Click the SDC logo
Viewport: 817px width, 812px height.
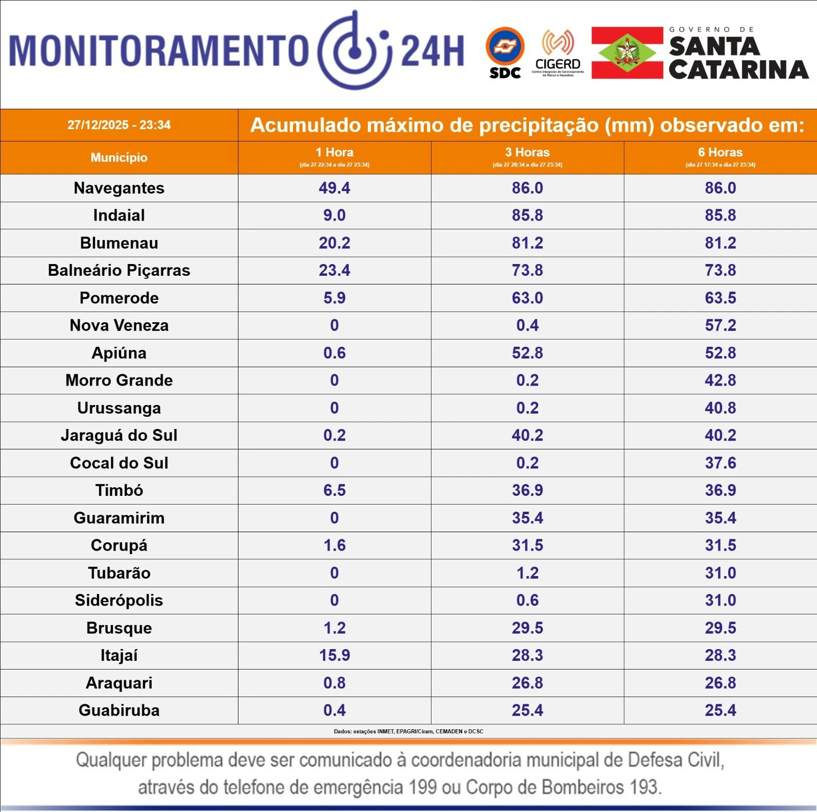[x=505, y=53]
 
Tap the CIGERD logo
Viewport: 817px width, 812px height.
[x=558, y=53]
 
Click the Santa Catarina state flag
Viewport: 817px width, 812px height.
[x=627, y=53]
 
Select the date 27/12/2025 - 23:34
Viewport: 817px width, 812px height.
[x=119, y=125]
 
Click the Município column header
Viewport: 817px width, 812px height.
[x=119, y=157]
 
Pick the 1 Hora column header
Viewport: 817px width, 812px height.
[x=334, y=153]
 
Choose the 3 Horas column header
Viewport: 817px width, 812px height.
[x=527, y=153]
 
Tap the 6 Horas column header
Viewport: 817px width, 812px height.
[x=720, y=153]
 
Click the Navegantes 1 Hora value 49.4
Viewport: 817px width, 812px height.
[x=334, y=188]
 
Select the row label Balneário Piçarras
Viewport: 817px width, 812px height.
[x=119, y=270]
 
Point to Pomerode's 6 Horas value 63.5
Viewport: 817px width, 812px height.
[x=720, y=298]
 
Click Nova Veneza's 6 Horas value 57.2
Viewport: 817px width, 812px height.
[x=720, y=325]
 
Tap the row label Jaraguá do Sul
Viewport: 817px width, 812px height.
[x=119, y=435]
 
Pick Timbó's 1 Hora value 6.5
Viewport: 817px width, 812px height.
[x=334, y=490]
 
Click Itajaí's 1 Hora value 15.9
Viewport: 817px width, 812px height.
[x=334, y=655]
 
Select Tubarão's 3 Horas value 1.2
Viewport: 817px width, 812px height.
[x=527, y=573]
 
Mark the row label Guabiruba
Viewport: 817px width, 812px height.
[x=119, y=710]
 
